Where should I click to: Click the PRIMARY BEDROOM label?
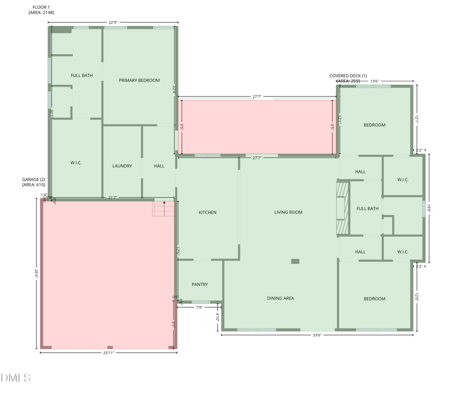(139, 80)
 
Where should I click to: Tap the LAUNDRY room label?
(122, 166)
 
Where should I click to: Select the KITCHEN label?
(207, 212)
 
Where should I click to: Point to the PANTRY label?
(200, 284)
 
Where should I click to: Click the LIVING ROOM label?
(288, 212)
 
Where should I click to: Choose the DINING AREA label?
(281, 298)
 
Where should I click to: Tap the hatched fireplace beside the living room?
(343, 209)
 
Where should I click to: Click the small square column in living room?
(295, 261)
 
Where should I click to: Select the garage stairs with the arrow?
(163, 207)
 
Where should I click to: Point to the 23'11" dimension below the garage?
(109, 353)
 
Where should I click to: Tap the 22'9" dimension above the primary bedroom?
(113, 23)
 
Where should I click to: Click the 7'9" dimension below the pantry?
(199, 308)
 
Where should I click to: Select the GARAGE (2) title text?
(33, 182)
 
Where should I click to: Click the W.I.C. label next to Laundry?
(76, 163)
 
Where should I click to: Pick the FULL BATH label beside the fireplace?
(368, 208)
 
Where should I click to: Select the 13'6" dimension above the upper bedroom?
(374, 81)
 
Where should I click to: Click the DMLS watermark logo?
(16, 378)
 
